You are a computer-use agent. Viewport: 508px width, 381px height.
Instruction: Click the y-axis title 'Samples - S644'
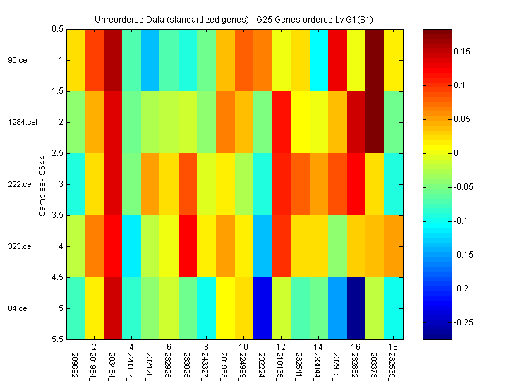(42, 184)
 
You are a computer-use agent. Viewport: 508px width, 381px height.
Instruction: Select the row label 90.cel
(18, 60)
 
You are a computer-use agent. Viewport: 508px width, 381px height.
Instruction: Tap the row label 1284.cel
(21, 122)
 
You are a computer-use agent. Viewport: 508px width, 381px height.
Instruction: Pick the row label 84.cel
(18, 308)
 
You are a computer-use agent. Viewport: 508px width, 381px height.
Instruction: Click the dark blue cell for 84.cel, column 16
(356, 308)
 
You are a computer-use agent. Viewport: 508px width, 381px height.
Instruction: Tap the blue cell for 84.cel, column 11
(264, 308)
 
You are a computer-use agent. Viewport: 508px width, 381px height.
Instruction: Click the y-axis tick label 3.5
(58, 215)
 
